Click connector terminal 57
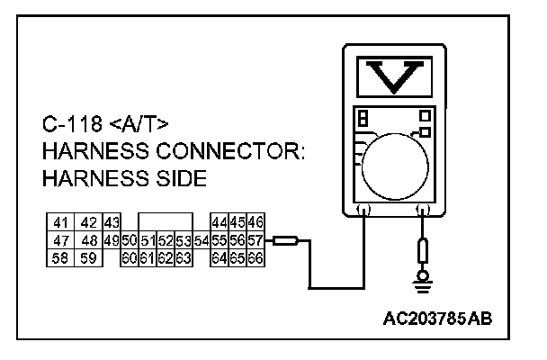point(255,240)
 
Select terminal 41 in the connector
point(61,222)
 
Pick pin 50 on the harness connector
point(128,240)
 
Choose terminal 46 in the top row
point(255,222)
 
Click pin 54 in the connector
point(201,240)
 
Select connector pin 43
point(112,222)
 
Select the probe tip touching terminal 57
point(285,240)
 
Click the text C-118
point(74,122)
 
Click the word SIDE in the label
point(177,178)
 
